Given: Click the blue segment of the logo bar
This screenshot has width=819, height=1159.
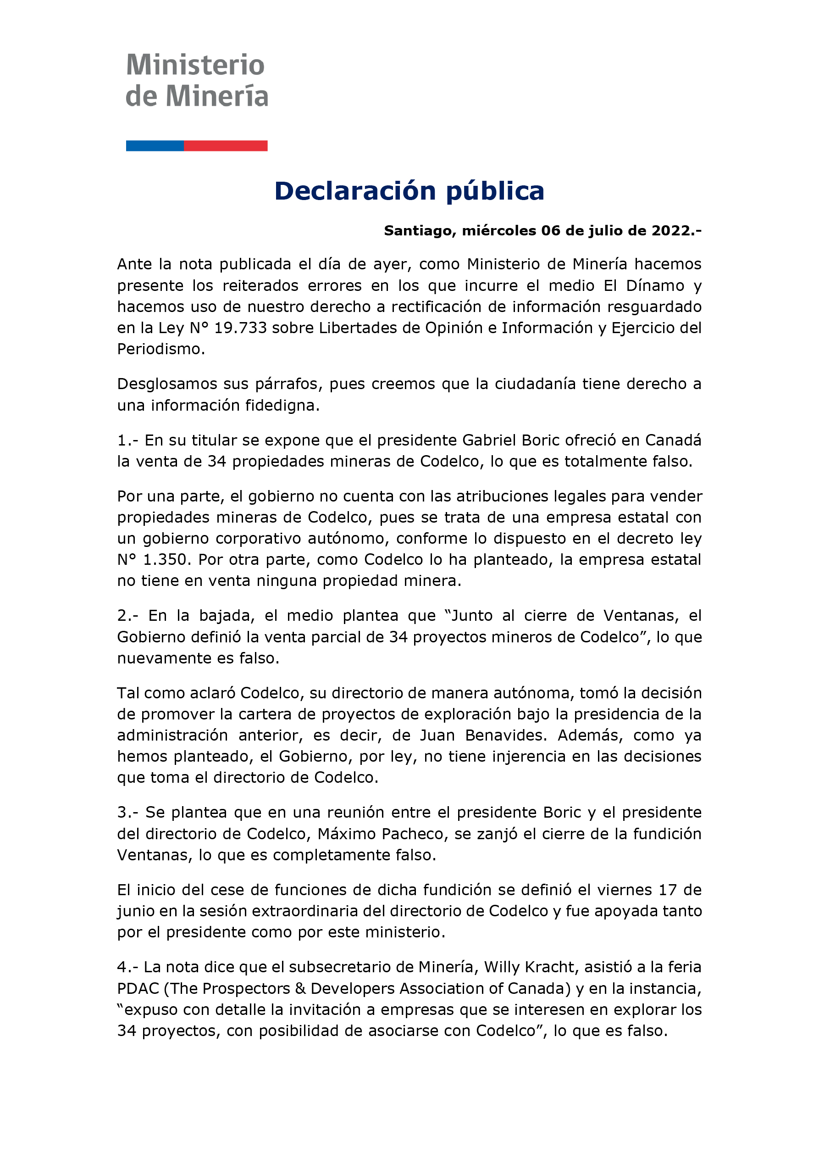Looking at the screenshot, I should pyautogui.click(x=155, y=146).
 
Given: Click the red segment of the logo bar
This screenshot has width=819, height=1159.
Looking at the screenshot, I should pyautogui.click(x=226, y=146).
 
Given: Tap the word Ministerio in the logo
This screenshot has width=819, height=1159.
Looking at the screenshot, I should pyautogui.click(x=195, y=66).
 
